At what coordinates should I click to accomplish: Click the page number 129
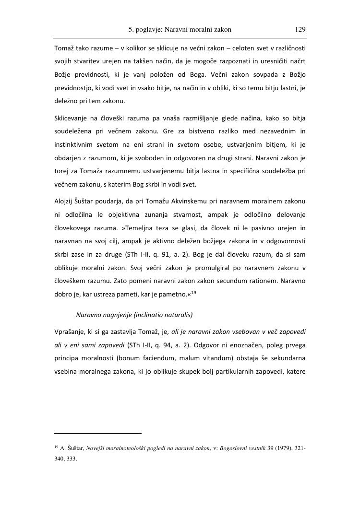click(300, 29)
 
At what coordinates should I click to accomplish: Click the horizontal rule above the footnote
click(97, 433)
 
